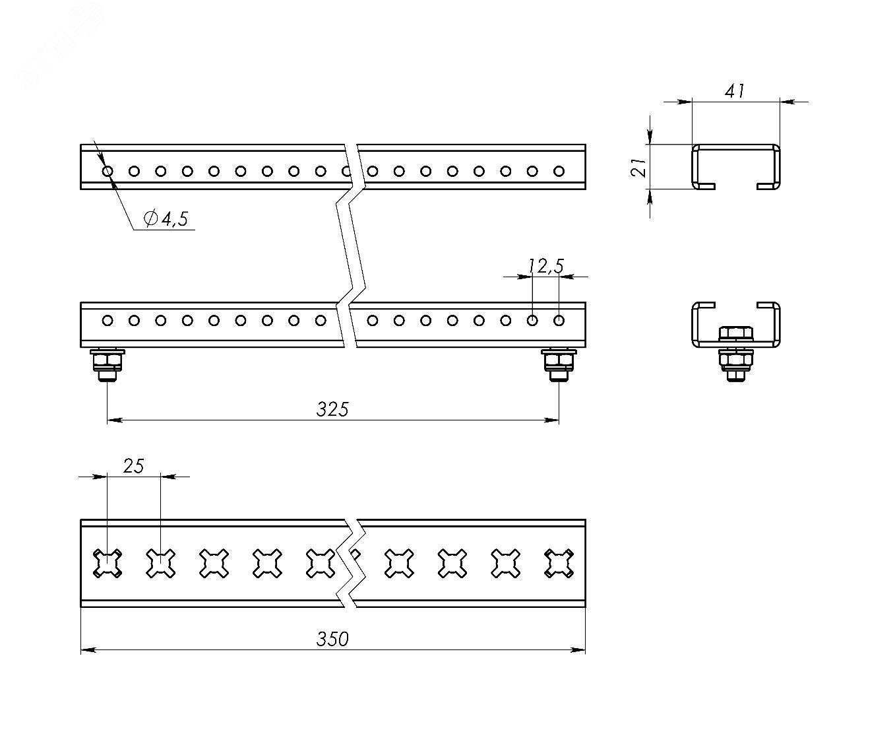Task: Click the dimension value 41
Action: [x=735, y=90]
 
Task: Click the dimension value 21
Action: [x=637, y=167]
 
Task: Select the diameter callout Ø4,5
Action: [x=166, y=218]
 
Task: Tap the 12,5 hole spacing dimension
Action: [x=546, y=266]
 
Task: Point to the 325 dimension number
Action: [x=332, y=410]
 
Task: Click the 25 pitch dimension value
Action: [x=133, y=466]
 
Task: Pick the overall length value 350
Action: [x=332, y=640]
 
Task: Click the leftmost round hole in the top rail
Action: [x=108, y=172]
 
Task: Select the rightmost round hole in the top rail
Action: [x=559, y=172]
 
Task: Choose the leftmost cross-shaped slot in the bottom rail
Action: [x=107, y=564]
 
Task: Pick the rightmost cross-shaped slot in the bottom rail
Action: [x=558, y=564]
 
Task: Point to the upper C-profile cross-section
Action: [x=735, y=166]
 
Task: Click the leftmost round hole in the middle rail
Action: [x=108, y=321]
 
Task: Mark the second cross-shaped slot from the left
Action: [x=160, y=564]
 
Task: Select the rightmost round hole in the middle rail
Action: [x=559, y=321]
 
